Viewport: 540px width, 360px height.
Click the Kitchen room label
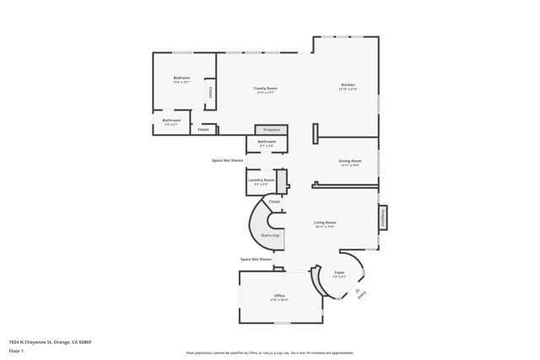(x=348, y=85)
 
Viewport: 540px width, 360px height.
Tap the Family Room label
(x=267, y=89)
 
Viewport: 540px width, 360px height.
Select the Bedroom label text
(x=181, y=78)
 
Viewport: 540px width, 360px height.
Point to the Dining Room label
(x=350, y=160)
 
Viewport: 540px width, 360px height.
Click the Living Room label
(x=325, y=223)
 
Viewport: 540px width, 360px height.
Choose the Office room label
(x=279, y=296)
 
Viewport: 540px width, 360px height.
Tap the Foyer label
(x=339, y=273)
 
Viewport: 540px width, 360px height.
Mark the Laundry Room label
(x=261, y=180)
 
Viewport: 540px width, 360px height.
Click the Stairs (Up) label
(x=270, y=235)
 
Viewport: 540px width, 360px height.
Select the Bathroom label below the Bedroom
(x=171, y=121)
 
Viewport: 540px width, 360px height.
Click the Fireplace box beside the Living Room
(x=383, y=218)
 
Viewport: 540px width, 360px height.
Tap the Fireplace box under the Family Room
(x=272, y=130)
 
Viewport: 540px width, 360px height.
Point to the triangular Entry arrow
(x=357, y=290)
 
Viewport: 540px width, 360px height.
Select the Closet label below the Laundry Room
(x=274, y=202)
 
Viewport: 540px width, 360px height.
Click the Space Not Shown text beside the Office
(x=256, y=260)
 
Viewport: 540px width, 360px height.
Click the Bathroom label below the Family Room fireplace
(x=267, y=142)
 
